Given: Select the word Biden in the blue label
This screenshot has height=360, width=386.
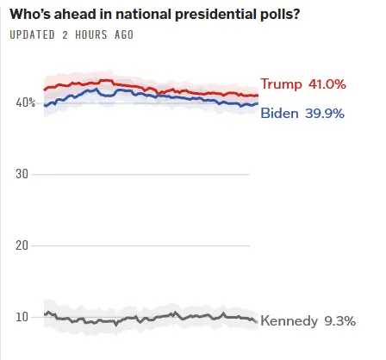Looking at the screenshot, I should click(x=278, y=114).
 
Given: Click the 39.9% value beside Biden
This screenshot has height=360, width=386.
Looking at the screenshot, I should click(x=323, y=114).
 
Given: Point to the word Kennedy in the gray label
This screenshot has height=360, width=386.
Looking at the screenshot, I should click(x=289, y=321).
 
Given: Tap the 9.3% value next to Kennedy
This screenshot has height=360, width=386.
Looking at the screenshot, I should click(x=339, y=321).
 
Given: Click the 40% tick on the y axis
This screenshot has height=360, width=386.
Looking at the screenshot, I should click(x=25, y=102).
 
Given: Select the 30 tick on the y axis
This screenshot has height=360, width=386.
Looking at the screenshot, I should click(x=23, y=174).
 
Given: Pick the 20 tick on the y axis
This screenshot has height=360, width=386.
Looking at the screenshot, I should click(x=23, y=245).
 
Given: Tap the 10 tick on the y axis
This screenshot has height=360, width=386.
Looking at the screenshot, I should click(x=23, y=317).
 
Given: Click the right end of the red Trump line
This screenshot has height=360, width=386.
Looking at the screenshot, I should click(x=257, y=96).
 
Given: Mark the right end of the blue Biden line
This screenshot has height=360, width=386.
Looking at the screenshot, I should click(x=257, y=104).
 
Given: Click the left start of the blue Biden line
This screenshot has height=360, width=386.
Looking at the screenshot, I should click(x=44, y=105).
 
